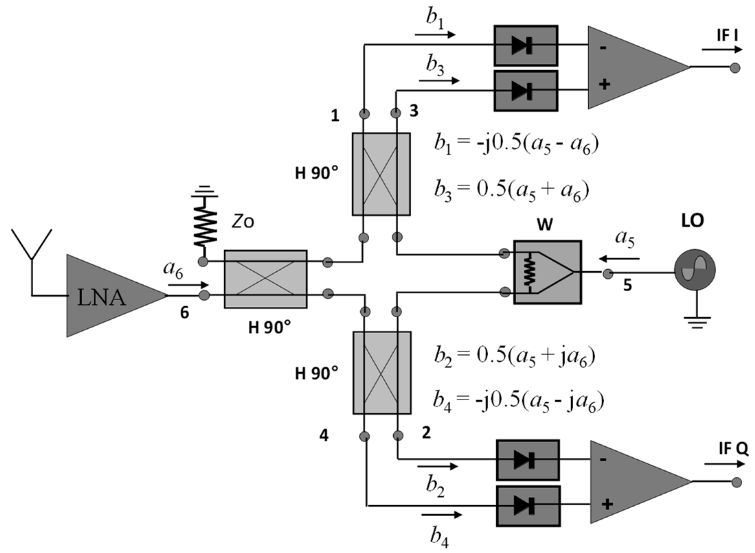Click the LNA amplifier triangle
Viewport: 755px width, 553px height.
click(106, 295)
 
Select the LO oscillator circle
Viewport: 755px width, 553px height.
click(695, 270)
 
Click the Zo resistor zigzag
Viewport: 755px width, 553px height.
click(205, 226)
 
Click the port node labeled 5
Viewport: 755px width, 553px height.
click(608, 273)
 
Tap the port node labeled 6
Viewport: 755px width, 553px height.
click(204, 295)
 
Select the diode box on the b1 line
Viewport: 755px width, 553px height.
click(526, 45)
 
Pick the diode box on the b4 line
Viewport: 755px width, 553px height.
click(528, 506)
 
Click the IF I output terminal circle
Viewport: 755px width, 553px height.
click(735, 68)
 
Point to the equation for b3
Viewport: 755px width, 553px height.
click(511, 191)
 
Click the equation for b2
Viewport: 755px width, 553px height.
click(514, 356)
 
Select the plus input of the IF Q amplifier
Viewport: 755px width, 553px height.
click(607, 504)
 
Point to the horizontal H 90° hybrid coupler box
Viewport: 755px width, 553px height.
click(266, 279)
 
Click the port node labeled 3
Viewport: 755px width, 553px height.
click(396, 113)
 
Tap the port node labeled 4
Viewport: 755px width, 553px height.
click(364, 436)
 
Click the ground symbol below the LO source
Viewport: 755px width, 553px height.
click(697, 322)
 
